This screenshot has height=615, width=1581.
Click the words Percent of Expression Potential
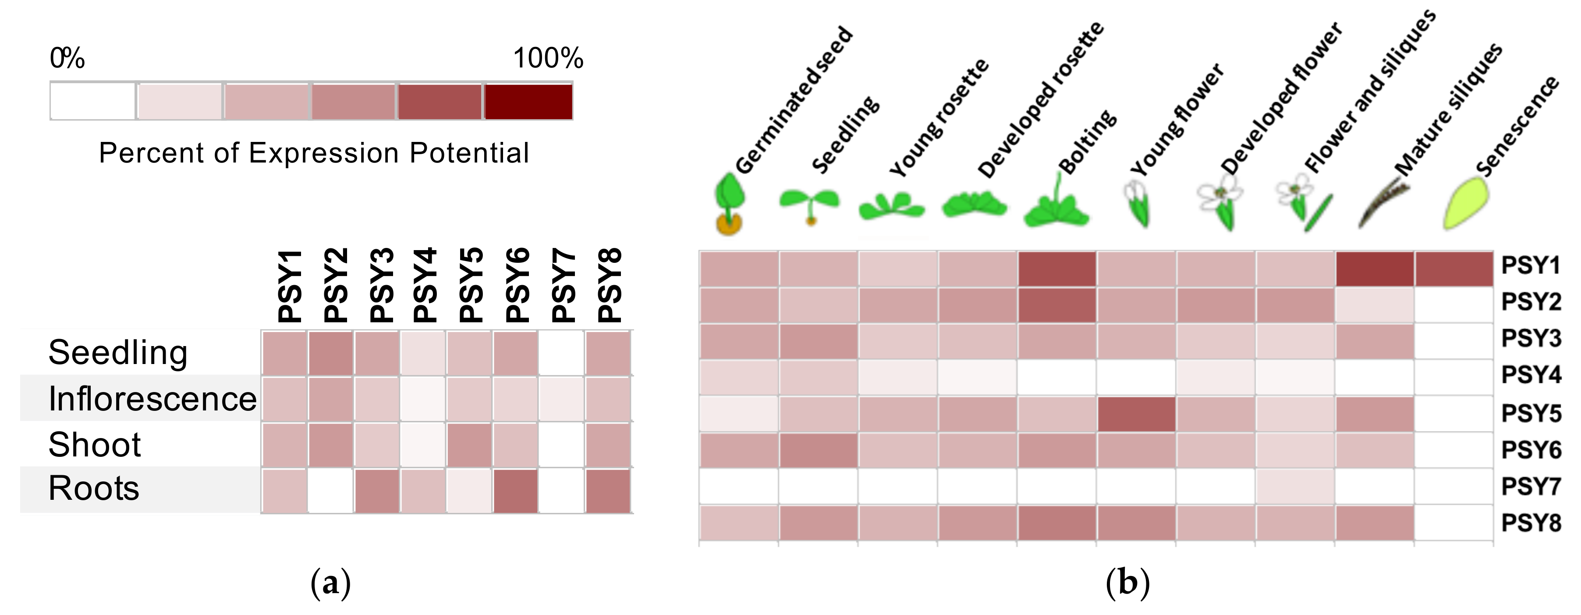coord(314,153)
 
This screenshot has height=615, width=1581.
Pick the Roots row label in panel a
coord(94,488)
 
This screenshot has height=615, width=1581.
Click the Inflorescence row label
coord(152,399)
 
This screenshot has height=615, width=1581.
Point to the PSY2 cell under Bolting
coord(1056,305)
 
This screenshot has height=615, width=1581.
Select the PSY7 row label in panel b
coord(1531,486)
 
